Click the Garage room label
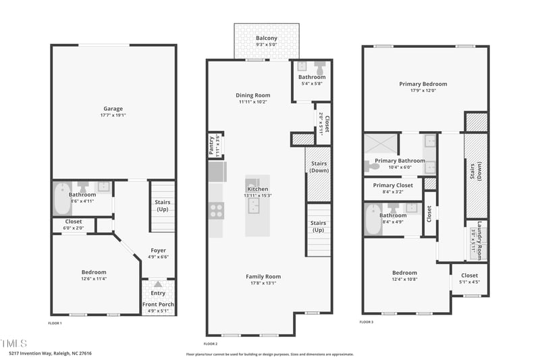[113, 109]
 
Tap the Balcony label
[266, 38]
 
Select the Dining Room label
[253, 95]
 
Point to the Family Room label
[263, 276]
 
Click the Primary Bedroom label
[423, 84]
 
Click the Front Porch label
[158, 305]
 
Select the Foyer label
[158, 250]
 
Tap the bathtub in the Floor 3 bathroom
[373, 220]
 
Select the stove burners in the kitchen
[216, 211]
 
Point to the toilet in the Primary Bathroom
[374, 165]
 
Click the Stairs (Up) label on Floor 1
[162, 205]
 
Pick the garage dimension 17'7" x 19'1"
[113, 115]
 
